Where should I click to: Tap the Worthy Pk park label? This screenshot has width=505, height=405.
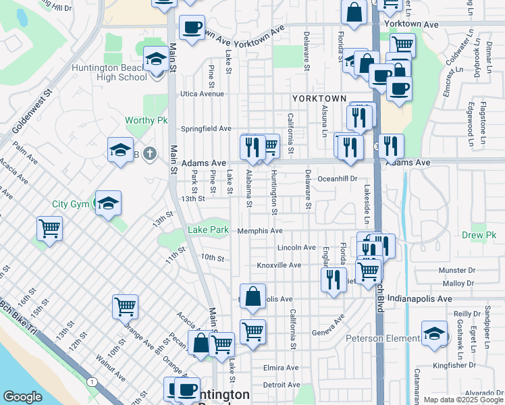pyautogui.click(x=146, y=121)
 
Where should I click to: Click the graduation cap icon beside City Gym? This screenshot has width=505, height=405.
pyautogui.click(x=108, y=202)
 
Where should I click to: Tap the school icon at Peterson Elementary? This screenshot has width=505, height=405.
pyautogui.click(x=435, y=333)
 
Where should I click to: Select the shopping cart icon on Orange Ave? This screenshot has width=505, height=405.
pyautogui.click(x=126, y=306)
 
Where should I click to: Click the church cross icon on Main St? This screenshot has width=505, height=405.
pyautogui.click(x=149, y=154)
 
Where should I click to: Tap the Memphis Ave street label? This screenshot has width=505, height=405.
pyautogui.click(x=260, y=231)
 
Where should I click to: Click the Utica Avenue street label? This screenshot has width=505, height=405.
pyautogui.click(x=201, y=94)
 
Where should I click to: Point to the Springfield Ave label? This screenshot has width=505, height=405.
pyautogui.click(x=206, y=129)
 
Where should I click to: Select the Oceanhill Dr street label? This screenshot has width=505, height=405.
pyautogui.click(x=337, y=179)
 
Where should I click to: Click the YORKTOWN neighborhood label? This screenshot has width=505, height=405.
pyautogui.click(x=319, y=99)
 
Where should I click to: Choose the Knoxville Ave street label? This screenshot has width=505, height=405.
pyautogui.click(x=279, y=265)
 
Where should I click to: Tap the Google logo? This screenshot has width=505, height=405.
pyautogui.click(x=22, y=397)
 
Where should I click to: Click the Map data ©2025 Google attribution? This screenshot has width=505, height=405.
pyautogui.click(x=463, y=400)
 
